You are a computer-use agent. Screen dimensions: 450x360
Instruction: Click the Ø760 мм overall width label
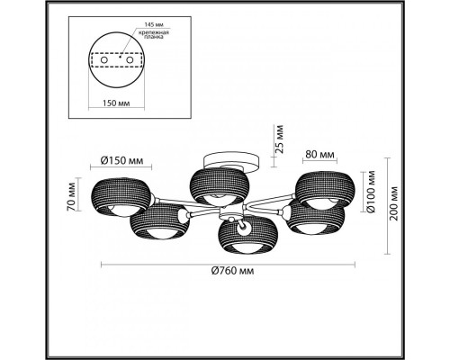click(233, 271)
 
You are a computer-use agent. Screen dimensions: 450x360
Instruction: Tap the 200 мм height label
click(393, 203)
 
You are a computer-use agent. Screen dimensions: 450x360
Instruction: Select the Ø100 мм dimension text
click(371, 191)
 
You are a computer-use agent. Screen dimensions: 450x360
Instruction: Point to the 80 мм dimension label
click(319, 155)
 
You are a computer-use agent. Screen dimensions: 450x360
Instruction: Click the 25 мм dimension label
click(279, 139)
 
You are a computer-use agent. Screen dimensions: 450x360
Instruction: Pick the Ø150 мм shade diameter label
click(121, 160)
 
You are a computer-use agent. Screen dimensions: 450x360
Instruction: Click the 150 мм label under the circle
click(116, 103)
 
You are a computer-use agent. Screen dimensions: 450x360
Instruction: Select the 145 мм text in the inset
click(154, 24)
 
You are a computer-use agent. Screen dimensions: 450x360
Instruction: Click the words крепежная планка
click(154, 34)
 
